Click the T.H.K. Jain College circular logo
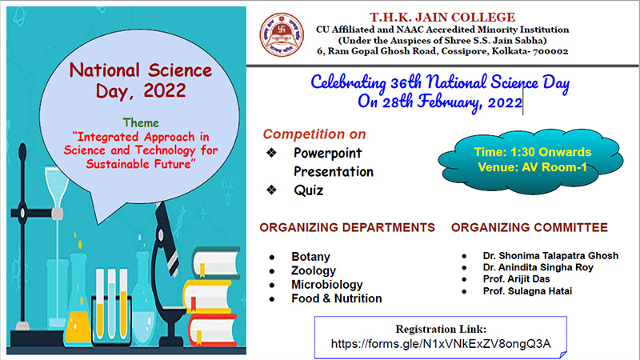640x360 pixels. click(282, 34)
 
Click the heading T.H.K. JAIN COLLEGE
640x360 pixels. click(442, 18)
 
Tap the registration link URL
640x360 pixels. click(441, 344)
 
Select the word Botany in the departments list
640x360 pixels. click(310, 257)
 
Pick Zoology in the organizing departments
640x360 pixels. click(314, 270)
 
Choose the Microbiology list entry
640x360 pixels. click(327, 285)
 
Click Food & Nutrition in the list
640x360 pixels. click(337, 298)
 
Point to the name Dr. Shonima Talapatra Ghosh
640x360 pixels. click(550, 255)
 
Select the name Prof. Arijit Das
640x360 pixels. click(516, 279)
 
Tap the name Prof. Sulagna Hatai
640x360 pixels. click(527, 291)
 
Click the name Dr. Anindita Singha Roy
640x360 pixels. click(538, 267)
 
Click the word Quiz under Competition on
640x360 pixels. click(309, 190)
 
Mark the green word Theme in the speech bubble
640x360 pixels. click(141, 123)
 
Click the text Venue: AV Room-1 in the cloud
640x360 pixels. click(532, 167)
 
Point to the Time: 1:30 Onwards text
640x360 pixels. click(533, 152)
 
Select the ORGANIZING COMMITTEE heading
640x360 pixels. click(530, 227)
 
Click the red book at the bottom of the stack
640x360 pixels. click(212, 330)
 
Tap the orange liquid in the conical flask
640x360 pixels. click(78, 327)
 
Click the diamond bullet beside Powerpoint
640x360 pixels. click(271, 153)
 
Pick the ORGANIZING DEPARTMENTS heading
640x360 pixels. click(347, 227)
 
